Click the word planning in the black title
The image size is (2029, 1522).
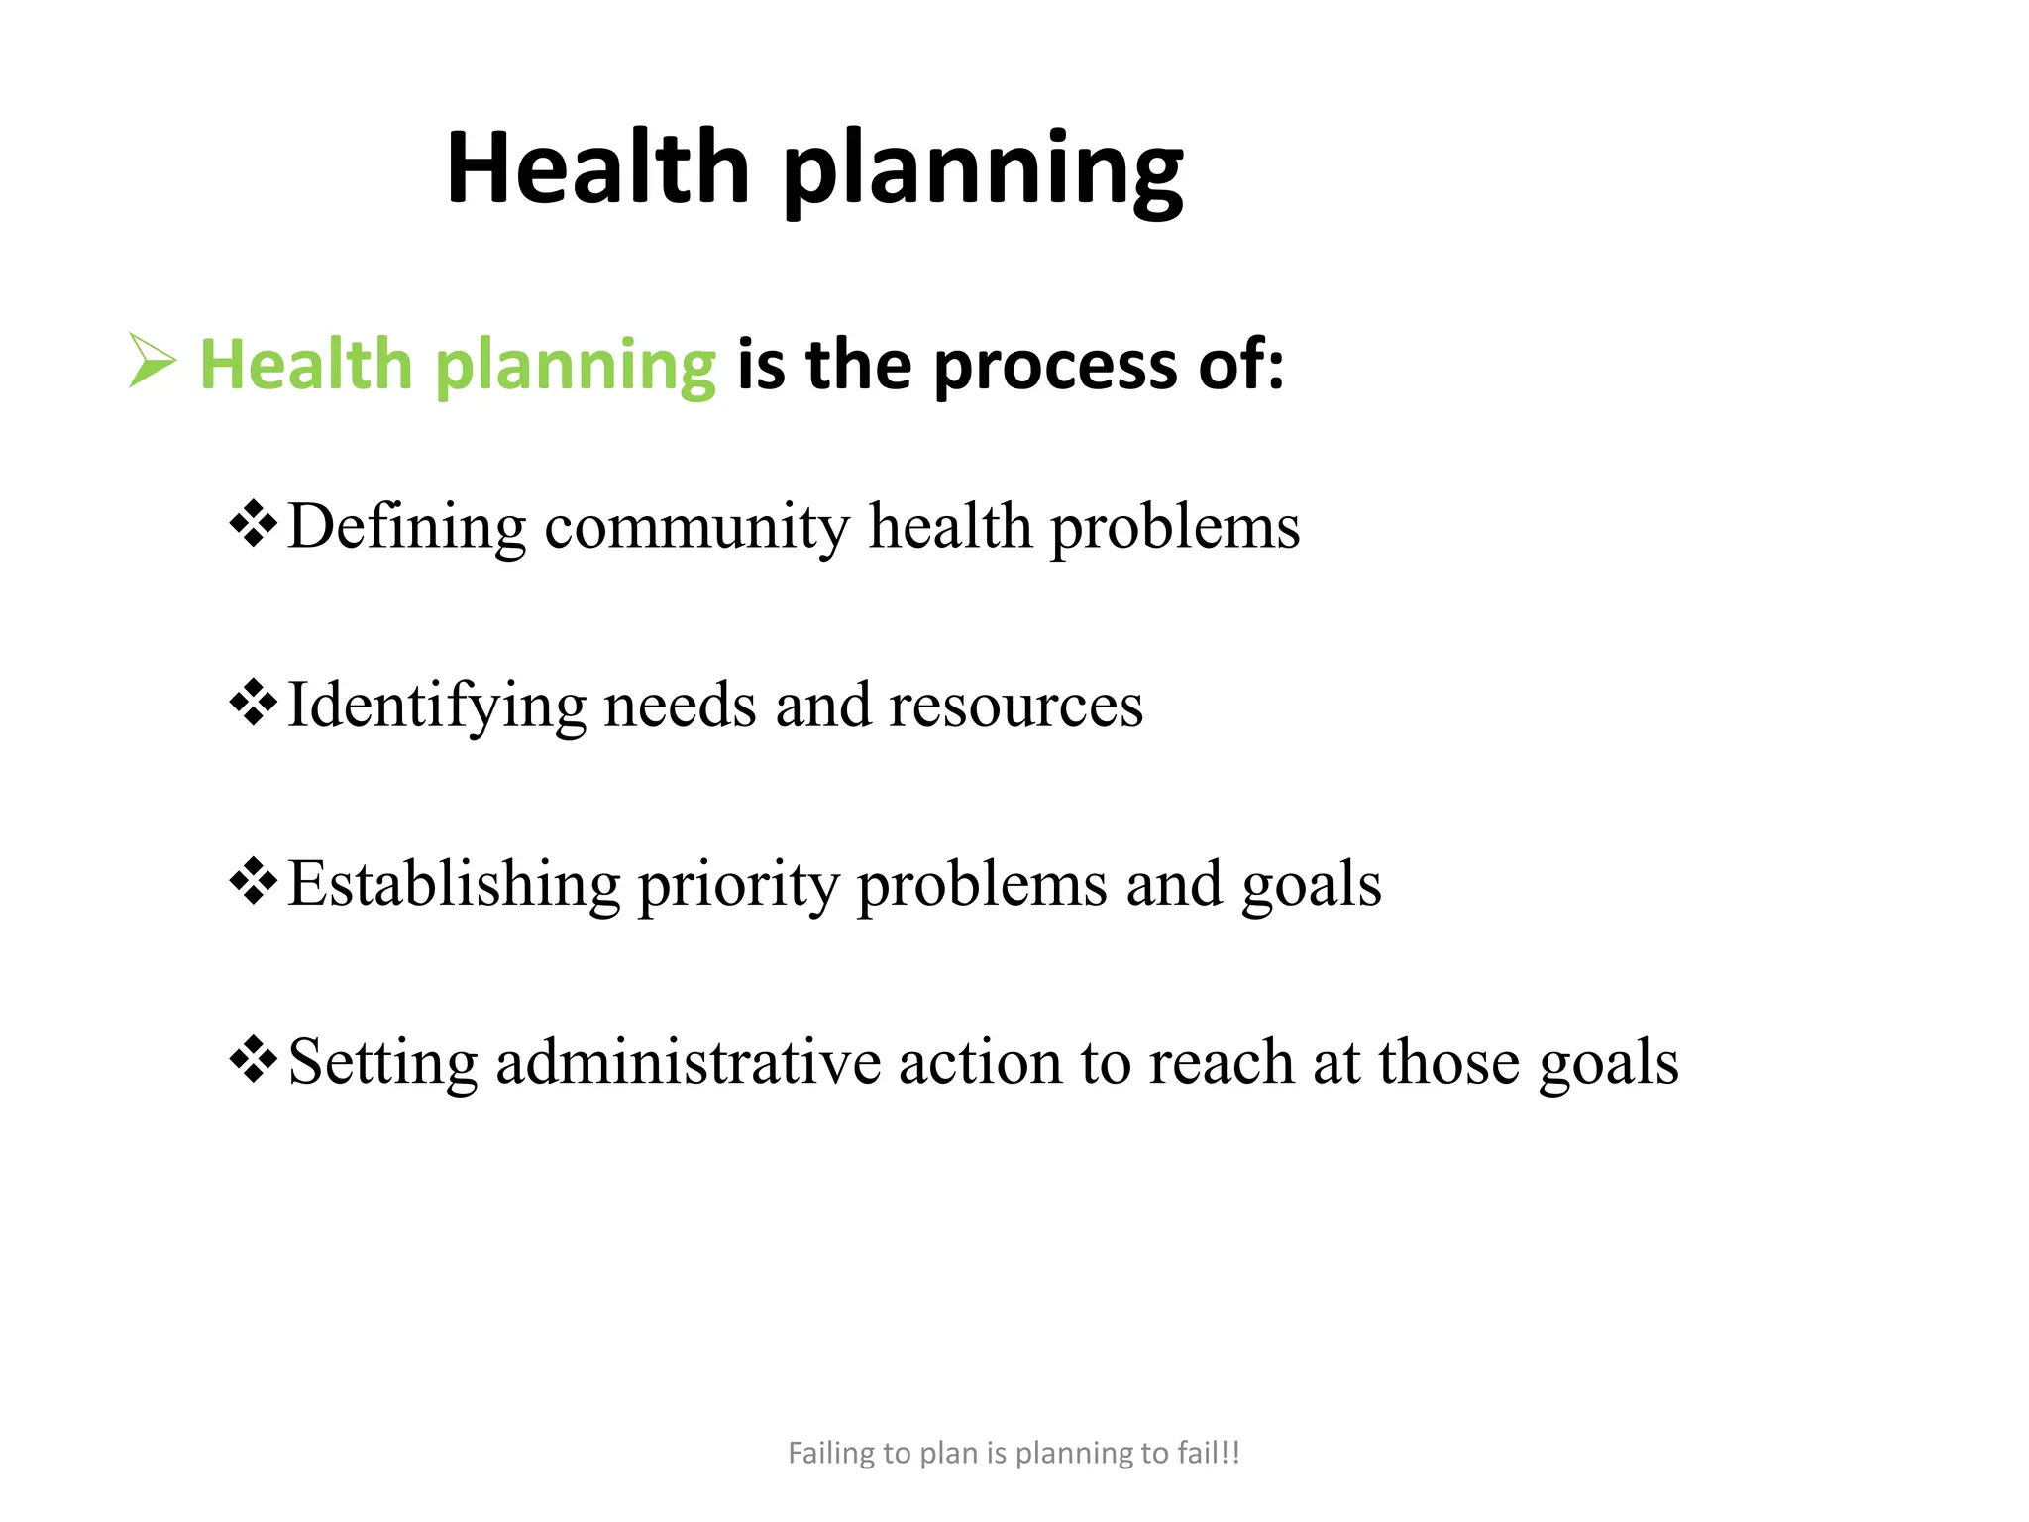tap(983, 172)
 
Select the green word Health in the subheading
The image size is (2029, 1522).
tap(305, 365)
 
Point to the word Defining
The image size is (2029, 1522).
tap(406, 528)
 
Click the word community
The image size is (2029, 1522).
tap(696, 528)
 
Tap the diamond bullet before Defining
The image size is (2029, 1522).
tap(254, 525)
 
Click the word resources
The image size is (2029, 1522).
tap(1015, 707)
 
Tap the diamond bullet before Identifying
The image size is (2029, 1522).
tap(254, 704)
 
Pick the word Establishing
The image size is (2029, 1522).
tap(454, 885)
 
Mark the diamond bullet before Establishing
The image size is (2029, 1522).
tap(254, 882)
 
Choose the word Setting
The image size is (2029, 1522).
tap(382, 1064)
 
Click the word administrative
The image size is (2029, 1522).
tap(688, 1062)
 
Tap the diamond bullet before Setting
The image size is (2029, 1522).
tap(254, 1060)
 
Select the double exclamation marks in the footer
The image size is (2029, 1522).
tap(1230, 1453)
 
